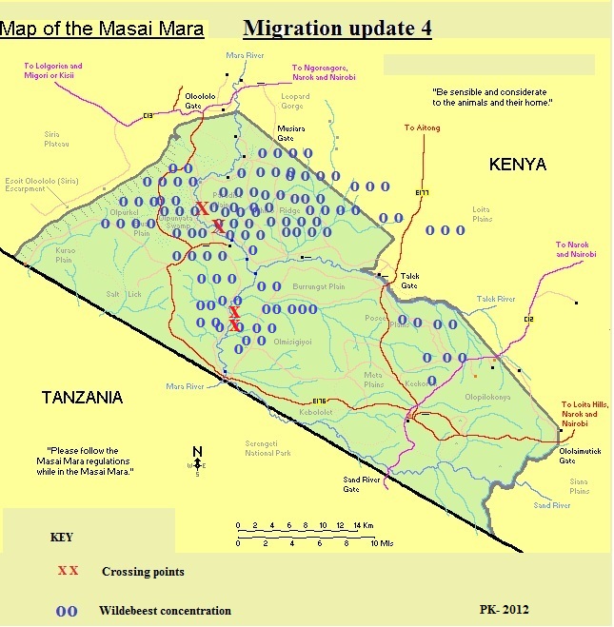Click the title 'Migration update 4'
pyautogui.click(x=337, y=28)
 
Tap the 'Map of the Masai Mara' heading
pyautogui.click(x=102, y=29)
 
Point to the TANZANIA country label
pyautogui.click(x=83, y=397)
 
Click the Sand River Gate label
pyautogui.click(x=361, y=486)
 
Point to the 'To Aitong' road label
pyautogui.click(x=422, y=127)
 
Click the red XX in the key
pyautogui.click(x=68, y=572)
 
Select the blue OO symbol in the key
pyautogui.click(x=67, y=610)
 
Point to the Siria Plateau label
pyautogui.click(x=51, y=139)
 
